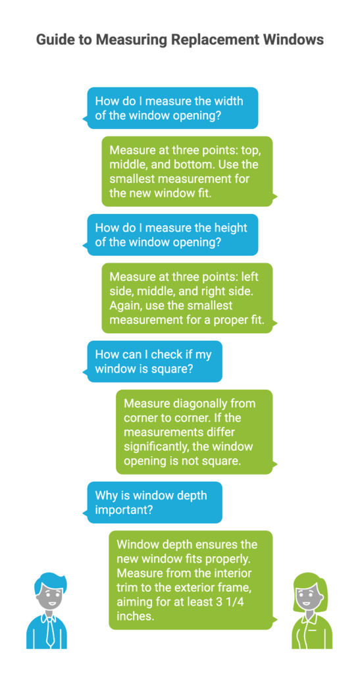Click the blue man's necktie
(x=50, y=629)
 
